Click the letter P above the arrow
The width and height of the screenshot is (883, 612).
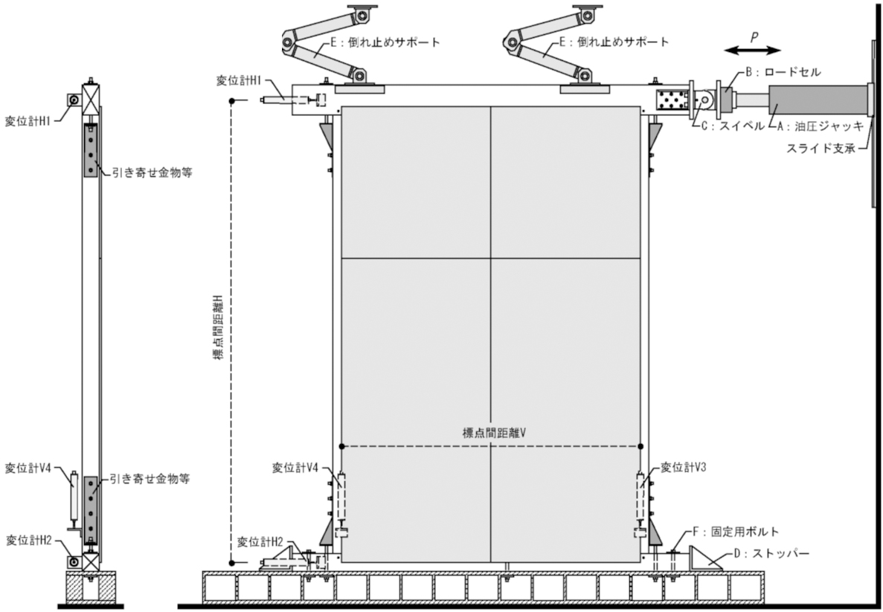click(754, 35)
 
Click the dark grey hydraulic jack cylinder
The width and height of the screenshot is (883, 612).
click(818, 99)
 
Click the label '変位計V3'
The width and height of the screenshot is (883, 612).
click(681, 468)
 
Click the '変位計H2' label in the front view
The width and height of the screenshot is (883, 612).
click(260, 541)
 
